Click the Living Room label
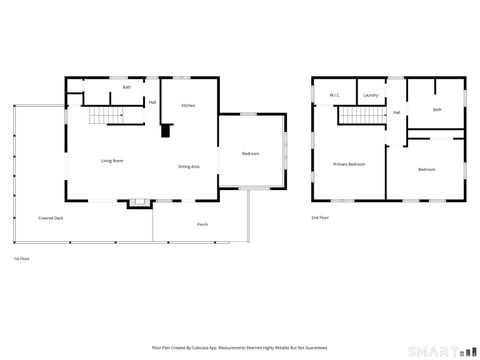(111, 160)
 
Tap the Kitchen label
(188, 105)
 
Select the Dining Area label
(188, 166)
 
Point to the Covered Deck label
(50, 217)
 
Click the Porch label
(202, 224)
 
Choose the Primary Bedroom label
(348, 164)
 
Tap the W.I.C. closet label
(335, 96)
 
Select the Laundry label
(370, 96)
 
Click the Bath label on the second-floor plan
(437, 109)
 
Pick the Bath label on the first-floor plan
(127, 88)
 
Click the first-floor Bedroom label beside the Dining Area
(251, 153)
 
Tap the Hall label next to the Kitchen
(152, 102)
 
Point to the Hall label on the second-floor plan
(397, 112)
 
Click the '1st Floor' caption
(22, 258)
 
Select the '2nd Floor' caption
(320, 217)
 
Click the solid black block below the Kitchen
(167, 129)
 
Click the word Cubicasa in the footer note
(214, 347)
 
